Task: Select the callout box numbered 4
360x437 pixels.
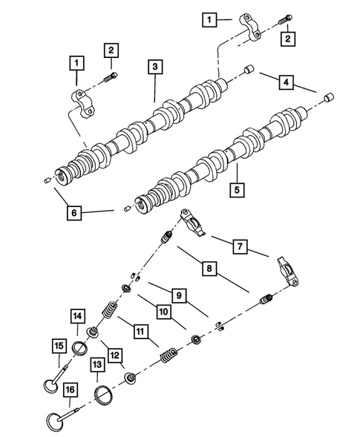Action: (286, 82)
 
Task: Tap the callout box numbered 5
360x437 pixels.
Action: (236, 189)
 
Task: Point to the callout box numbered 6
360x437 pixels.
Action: (73, 212)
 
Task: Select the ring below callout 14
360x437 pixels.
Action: (81, 348)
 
